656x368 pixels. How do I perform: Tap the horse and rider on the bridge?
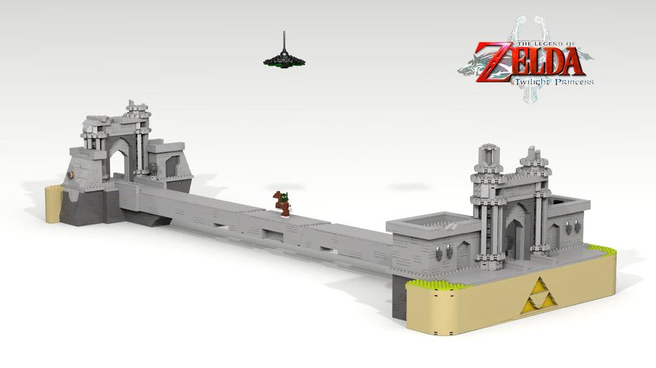click(283, 203)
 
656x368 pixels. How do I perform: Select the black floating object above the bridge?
click(284, 58)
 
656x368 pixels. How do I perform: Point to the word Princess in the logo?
click(574, 81)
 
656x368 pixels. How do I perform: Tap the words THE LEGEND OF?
click(546, 44)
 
